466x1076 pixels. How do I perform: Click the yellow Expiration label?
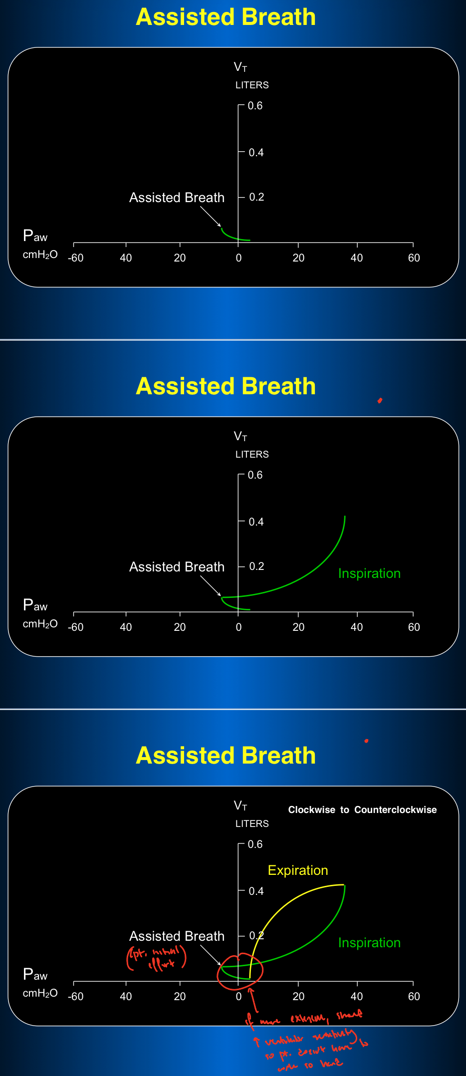298,870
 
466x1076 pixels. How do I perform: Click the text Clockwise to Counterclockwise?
362,809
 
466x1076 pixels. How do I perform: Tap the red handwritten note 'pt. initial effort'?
157,957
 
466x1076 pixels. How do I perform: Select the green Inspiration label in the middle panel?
369,573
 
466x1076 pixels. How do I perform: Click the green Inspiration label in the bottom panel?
369,943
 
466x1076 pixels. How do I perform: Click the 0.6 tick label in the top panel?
255,106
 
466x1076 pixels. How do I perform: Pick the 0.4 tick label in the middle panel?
256,522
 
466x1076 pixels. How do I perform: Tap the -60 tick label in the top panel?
76,258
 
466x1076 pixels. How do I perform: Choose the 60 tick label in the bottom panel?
414,997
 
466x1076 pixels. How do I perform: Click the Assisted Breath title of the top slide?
226,17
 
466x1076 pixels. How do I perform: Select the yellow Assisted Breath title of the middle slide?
226,386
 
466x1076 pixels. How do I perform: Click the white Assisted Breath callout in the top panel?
177,198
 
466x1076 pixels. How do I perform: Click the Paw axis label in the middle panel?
35,605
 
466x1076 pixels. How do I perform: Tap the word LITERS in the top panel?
252,85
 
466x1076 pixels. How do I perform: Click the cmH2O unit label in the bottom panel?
40,993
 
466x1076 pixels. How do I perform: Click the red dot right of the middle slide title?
380,400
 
